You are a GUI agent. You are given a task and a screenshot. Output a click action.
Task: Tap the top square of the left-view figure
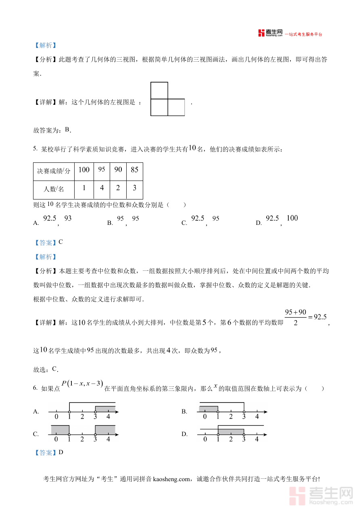coord(159,90)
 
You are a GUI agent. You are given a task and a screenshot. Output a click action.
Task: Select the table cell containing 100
coord(84,170)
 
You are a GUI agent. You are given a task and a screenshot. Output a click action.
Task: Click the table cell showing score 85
coord(134,170)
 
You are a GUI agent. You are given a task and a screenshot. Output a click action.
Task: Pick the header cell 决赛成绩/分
coord(54,171)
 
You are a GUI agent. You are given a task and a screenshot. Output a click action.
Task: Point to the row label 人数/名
coord(54,188)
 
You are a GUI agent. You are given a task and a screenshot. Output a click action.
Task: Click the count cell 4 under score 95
coord(102,188)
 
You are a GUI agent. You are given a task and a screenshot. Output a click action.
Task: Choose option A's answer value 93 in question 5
coord(68,218)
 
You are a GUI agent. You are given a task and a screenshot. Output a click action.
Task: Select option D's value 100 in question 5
coord(292,218)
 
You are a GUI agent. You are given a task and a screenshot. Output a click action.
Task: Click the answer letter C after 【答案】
coord(60,242)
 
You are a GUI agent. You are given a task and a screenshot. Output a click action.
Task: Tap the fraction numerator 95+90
coord(296,312)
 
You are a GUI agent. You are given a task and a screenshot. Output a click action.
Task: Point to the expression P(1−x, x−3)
coord(82,384)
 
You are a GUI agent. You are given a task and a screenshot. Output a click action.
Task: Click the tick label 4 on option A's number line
coord(108,417)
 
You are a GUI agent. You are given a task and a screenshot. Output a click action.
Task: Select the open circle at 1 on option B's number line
coord(218,411)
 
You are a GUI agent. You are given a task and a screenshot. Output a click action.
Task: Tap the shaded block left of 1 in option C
coord(60,430)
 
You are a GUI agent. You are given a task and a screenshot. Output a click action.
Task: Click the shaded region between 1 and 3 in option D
coord(231,432)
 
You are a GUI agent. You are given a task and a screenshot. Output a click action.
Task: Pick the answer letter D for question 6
coord(61,452)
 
